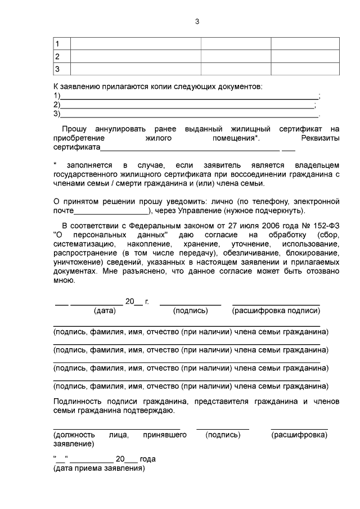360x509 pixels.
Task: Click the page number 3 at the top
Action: pyautogui.click(x=196, y=22)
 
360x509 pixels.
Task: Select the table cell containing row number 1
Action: pyautogui.click(x=61, y=44)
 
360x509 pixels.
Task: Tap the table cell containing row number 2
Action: pyautogui.click(x=61, y=56)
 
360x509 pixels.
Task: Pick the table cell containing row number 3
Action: pyautogui.click(x=61, y=69)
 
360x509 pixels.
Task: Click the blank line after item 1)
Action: pyautogui.click(x=189, y=97)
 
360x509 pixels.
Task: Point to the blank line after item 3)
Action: pyautogui.click(x=189, y=115)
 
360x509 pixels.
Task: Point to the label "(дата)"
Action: pyautogui.click(x=105, y=310)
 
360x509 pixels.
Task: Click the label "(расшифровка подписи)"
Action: pyautogui.click(x=276, y=310)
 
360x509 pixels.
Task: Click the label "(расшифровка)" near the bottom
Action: pyautogui.click(x=299, y=435)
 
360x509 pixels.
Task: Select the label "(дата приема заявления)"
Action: pyautogui.click(x=99, y=467)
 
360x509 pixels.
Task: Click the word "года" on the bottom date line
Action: pyautogui.click(x=148, y=459)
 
